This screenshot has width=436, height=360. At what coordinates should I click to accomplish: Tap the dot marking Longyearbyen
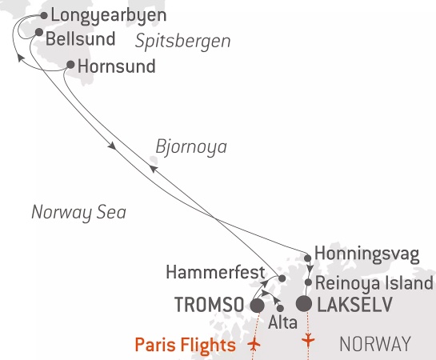(43, 14)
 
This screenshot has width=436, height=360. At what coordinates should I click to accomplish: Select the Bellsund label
(80, 38)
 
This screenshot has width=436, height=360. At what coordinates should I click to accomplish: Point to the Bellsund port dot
(38, 32)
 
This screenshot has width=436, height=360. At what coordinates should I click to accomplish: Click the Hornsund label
(116, 67)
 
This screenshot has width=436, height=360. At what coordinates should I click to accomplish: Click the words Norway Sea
(79, 213)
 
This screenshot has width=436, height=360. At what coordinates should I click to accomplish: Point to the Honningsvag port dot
(308, 258)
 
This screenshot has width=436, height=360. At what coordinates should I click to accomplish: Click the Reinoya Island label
(374, 283)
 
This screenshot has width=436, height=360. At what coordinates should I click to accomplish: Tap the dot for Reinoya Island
(308, 282)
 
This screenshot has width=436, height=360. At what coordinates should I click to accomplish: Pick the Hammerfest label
(216, 274)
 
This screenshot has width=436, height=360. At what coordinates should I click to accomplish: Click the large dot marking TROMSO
(258, 306)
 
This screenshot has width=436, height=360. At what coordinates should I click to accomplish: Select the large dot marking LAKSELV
(305, 304)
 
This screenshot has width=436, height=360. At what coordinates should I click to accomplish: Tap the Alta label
(282, 323)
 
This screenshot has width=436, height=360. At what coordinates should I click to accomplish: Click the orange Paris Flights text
(185, 346)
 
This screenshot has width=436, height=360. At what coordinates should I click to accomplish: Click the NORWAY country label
(375, 345)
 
